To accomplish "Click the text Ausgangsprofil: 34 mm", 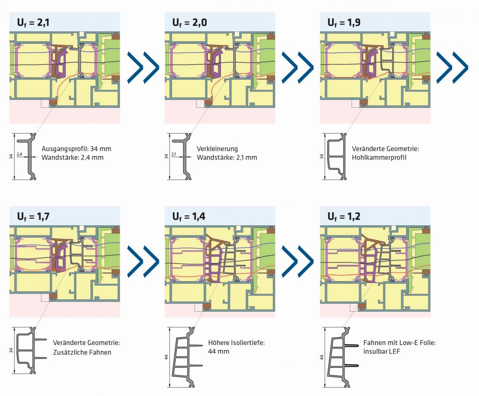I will [76, 149].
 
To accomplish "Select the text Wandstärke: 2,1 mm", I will [226, 158].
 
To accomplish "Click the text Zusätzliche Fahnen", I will [82, 352].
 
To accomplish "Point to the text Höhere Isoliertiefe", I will [236, 343].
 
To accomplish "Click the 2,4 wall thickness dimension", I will [19, 155].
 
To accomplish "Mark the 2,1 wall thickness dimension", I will [174, 155].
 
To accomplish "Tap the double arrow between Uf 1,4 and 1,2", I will [298, 261].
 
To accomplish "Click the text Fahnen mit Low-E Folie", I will [399, 343].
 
